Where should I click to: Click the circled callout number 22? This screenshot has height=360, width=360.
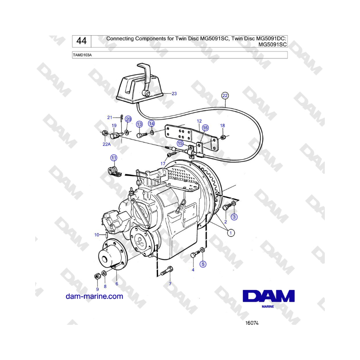coord(225,96)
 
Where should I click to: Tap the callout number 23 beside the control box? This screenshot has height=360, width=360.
coord(174,94)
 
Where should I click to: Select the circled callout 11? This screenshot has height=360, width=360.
coord(114,158)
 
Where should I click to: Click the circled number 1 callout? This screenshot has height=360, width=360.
coord(231,233)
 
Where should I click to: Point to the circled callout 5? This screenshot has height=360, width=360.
coord(203,264)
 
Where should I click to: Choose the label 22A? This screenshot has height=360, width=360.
coord(107,144)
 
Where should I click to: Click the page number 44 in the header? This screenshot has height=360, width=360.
coord(82,41)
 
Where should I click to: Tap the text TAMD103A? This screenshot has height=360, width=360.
coord(82,55)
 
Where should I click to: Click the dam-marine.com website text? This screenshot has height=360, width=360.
coord(94,296)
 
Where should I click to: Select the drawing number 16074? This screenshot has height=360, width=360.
coord(252,323)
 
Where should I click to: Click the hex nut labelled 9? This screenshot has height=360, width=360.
coord(97,276)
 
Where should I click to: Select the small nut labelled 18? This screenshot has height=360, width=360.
coord(223,137)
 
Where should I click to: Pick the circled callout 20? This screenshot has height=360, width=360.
coord(128,119)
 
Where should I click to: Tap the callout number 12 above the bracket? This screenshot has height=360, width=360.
coord(199,121)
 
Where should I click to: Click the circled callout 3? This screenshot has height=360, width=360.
coord(234,217)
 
